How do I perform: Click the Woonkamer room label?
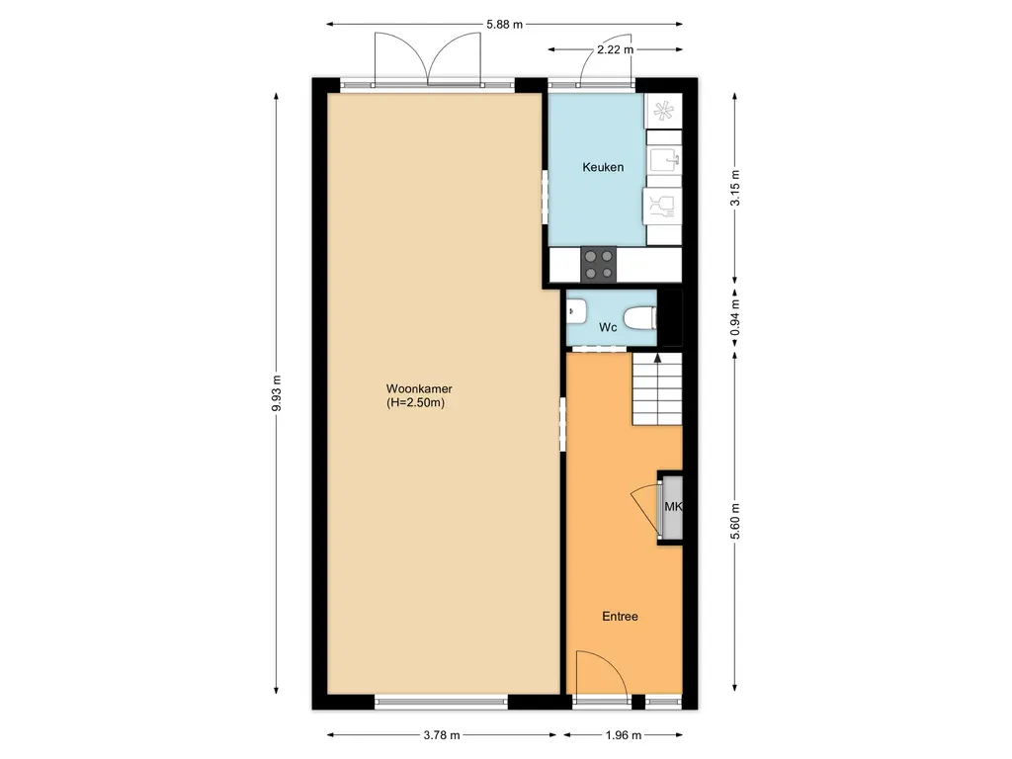(x=419, y=389)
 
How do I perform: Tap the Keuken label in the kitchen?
(x=603, y=167)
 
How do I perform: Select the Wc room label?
(x=608, y=327)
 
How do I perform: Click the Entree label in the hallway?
(x=620, y=617)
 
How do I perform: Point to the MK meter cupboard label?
(x=673, y=507)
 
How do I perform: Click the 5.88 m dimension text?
(x=505, y=25)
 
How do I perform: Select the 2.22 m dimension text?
(x=615, y=49)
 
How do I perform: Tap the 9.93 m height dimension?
(x=277, y=393)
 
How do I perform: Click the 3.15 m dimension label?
(x=734, y=188)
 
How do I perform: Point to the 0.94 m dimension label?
(x=734, y=318)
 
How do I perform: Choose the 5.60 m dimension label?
(x=734, y=522)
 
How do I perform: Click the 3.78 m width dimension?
(x=442, y=735)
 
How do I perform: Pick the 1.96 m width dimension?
(x=624, y=735)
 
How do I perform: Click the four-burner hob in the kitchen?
(x=599, y=265)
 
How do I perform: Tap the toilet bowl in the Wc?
(x=640, y=317)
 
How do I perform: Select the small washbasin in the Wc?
(x=576, y=311)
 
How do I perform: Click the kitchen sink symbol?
(x=664, y=159)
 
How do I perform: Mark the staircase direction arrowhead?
(x=657, y=357)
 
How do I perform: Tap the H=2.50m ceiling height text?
(x=416, y=403)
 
